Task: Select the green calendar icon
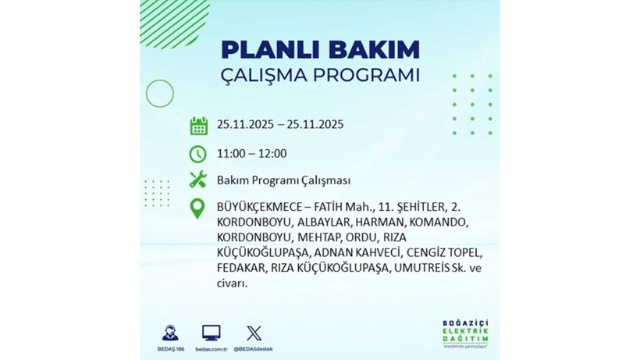tap(198, 126)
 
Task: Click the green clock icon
tap(198, 154)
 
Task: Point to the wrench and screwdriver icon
tap(198, 180)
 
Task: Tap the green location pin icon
tap(198, 208)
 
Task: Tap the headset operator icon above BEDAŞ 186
tap(169, 333)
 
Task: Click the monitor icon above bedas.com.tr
tap(211, 332)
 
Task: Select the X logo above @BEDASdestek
tap(254, 333)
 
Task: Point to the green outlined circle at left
tap(159, 94)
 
